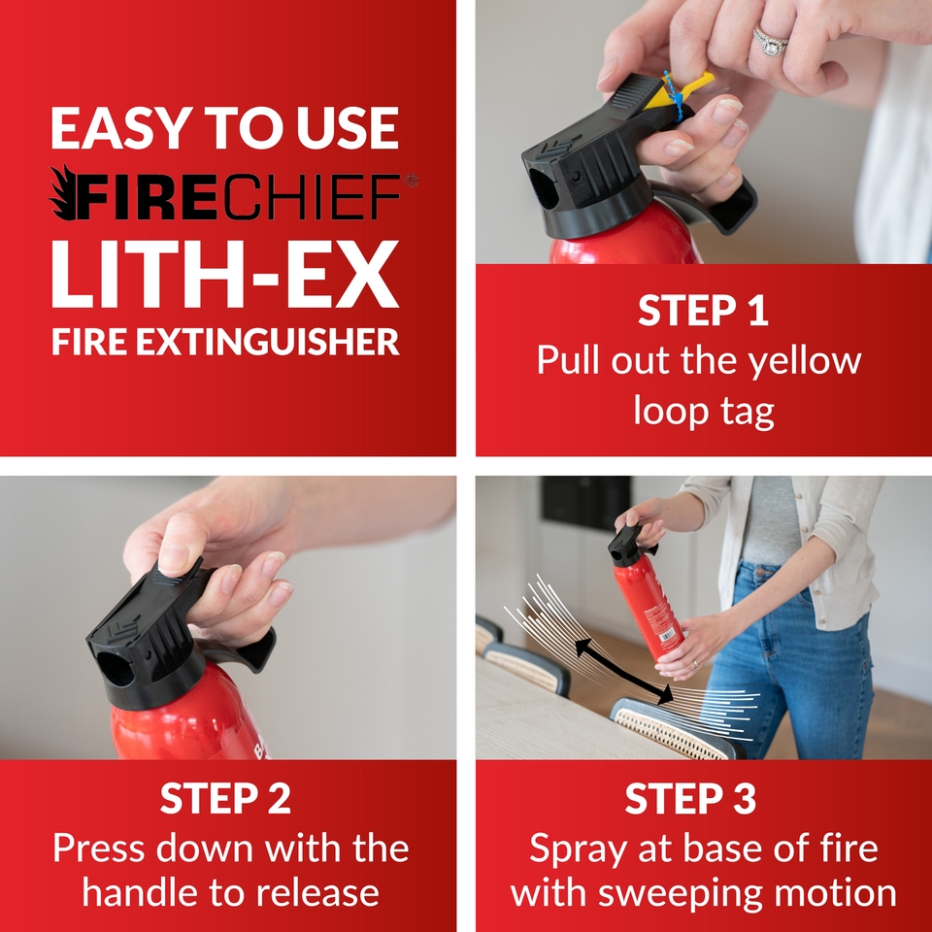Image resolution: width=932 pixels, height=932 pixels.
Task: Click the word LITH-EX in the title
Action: click(224, 275)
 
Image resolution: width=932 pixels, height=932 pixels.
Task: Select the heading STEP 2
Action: click(225, 798)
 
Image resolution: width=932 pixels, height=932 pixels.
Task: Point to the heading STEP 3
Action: click(703, 798)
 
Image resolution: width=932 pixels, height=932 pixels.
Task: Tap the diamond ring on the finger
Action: click(772, 40)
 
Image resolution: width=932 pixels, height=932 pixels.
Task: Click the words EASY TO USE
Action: click(224, 128)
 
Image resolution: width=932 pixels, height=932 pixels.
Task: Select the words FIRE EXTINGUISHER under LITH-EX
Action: click(224, 342)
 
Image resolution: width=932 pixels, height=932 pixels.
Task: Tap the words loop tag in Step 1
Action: click(703, 411)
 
